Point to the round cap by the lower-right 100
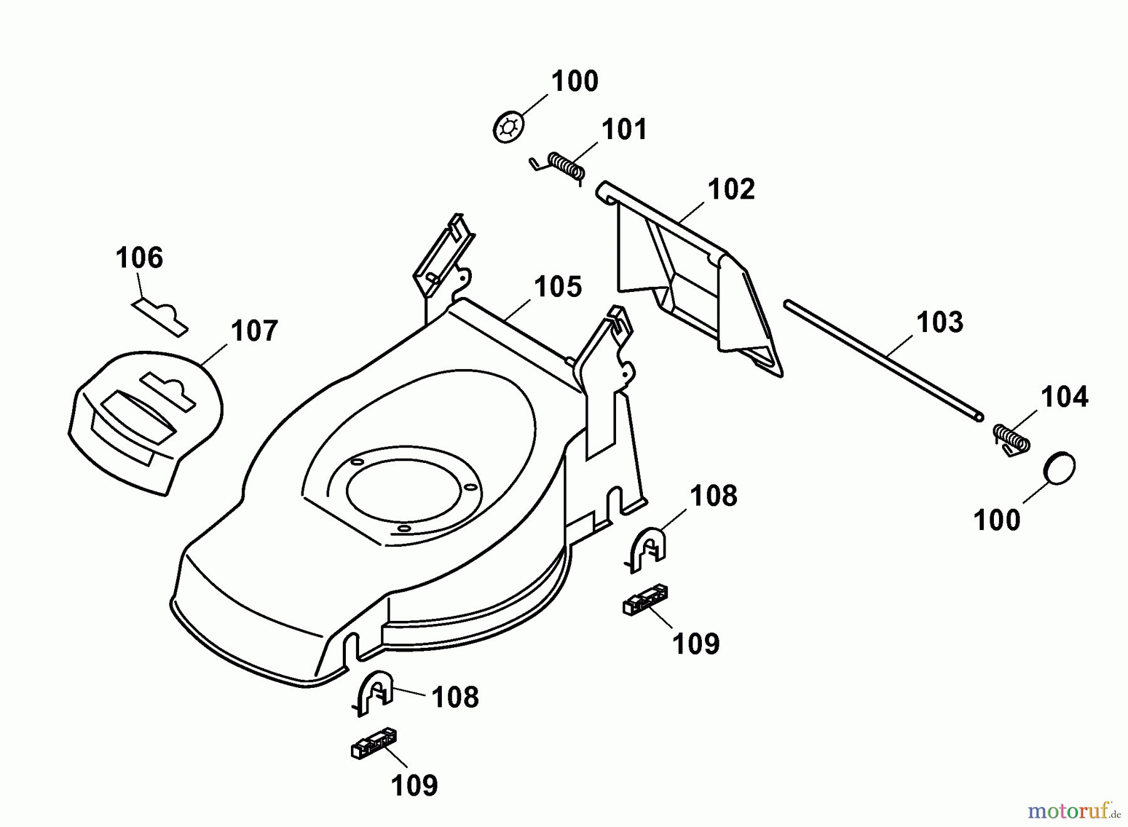pyautogui.click(x=1060, y=468)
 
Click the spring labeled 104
pyautogui.click(x=1011, y=439)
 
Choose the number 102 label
pyautogui.click(x=731, y=189)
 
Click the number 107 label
pyautogui.click(x=254, y=331)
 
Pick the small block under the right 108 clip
pyautogui.click(x=645, y=600)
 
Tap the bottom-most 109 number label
pyautogui.click(x=414, y=785)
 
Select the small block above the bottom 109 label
pyautogui.click(x=373, y=743)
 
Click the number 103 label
pyautogui.click(x=939, y=322)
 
